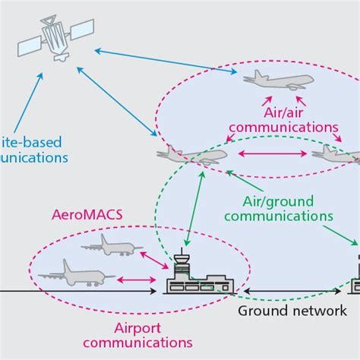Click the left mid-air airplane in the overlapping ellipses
click(190, 155)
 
